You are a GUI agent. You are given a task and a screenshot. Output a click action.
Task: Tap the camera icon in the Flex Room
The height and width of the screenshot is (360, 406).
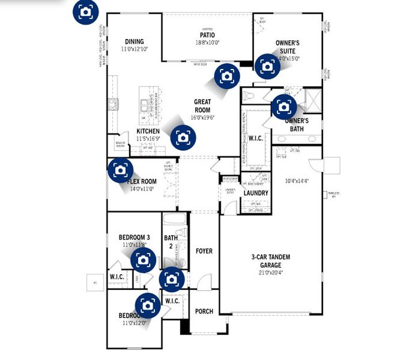pos(120,170)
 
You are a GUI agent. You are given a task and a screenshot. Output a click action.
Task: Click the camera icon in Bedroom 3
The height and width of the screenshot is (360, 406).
pos(143,260)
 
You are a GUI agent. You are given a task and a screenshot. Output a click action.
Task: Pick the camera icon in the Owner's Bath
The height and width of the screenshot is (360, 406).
pos(284,107)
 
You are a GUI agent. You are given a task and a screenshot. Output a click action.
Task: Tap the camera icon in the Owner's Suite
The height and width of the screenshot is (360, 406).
pos(266,66)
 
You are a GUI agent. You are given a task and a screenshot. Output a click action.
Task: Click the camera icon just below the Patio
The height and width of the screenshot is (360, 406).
pos(226,76)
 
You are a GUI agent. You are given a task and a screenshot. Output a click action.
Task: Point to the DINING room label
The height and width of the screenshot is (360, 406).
pos(135,41)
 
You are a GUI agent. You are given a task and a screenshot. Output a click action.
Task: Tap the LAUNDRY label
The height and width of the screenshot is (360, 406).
pos(256,193)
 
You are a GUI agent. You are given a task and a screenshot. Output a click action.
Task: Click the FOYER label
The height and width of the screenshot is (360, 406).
pos(204,251)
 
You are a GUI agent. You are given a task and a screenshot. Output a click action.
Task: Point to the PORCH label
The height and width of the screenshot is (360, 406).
pos(204,311)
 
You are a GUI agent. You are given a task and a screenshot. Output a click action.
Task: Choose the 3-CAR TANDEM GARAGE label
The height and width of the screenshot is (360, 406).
pos(271,260)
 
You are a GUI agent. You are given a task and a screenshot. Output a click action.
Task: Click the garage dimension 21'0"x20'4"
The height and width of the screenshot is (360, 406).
pos(271,272)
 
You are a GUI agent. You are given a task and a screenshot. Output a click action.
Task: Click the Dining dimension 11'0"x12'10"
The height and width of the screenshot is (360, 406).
pos(135,49)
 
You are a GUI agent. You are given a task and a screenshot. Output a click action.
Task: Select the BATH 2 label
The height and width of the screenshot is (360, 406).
pos(171,242)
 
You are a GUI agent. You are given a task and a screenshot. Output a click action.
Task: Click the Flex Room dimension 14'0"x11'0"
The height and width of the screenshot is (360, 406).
pos(143,188)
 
